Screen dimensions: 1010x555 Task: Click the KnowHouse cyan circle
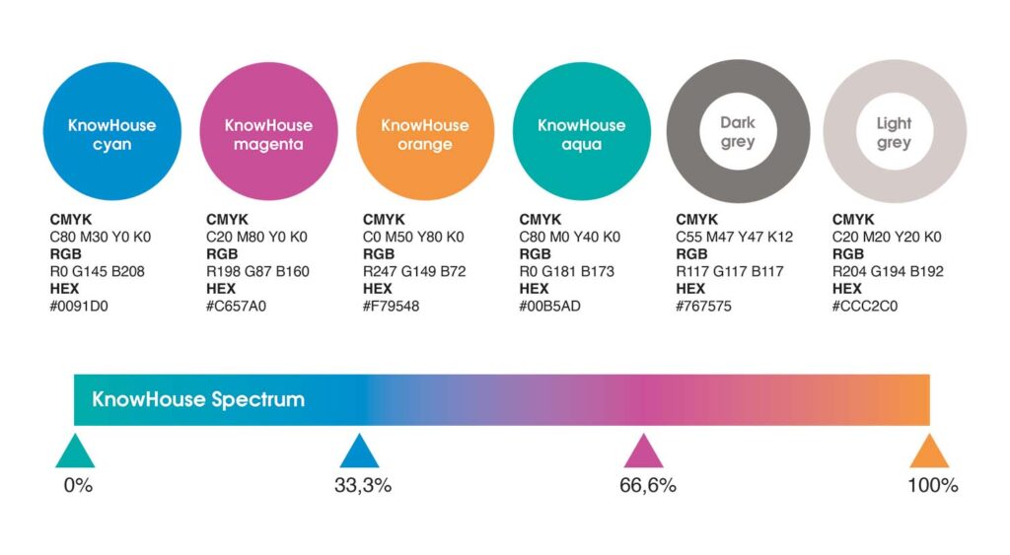pyautogui.click(x=112, y=131)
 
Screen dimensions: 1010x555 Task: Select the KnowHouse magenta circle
pyautogui.click(x=268, y=131)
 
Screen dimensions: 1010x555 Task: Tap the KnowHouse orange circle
pyautogui.click(x=425, y=131)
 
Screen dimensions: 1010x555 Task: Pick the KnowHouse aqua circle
pyautogui.click(x=582, y=131)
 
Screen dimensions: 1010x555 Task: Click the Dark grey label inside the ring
pyautogui.click(x=738, y=132)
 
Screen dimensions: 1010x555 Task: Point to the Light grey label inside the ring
pyautogui.click(x=894, y=133)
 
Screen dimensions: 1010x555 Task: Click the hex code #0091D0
pyautogui.click(x=79, y=307)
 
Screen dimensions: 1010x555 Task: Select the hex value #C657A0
pyautogui.click(x=236, y=307)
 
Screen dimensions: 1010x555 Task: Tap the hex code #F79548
pyautogui.click(x=391, y=307)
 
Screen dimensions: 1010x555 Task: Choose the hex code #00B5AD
pyautogui.click(x=549, y=307)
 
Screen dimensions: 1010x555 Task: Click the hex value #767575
pyautogui.click(x=703, y=307)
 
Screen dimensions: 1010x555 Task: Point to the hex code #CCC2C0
pyautogui.click(x=864, y=307)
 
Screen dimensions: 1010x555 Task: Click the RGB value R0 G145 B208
pyautogui.click(x=98, y=272)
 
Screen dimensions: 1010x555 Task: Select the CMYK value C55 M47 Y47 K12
pyautogui.click(x=734, y=237)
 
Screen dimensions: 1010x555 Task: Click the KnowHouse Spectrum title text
pyautogui.click(x=198, y=400)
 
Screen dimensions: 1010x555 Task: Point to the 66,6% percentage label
pyautogui.click(x=648, y=485)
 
